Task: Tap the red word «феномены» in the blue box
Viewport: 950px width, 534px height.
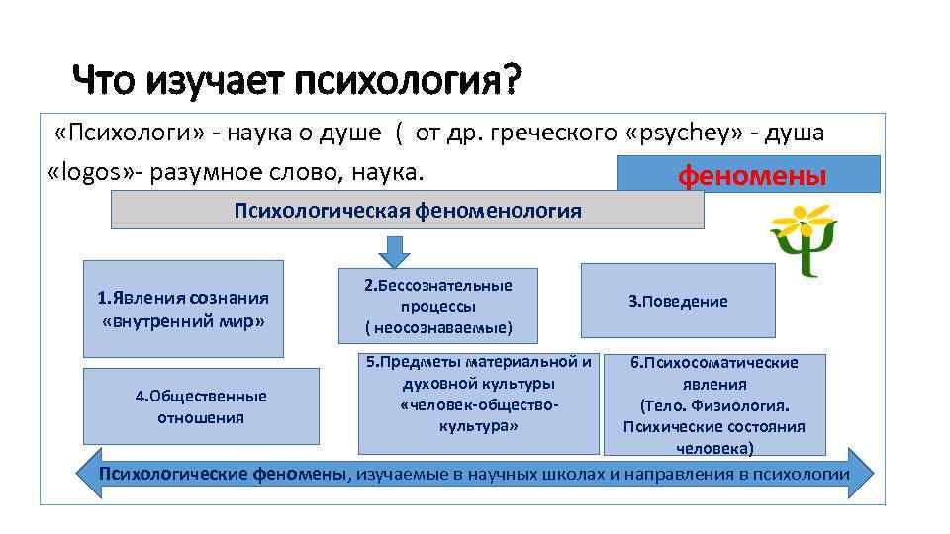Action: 751,176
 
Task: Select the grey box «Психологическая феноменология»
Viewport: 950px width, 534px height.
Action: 407,211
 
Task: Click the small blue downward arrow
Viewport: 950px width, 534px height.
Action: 395,251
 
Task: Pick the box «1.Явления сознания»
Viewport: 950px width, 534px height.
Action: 183,309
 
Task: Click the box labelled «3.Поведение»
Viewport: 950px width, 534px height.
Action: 678,301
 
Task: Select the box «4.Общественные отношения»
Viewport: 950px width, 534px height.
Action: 201,405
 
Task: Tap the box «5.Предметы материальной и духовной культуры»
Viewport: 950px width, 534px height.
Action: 479,401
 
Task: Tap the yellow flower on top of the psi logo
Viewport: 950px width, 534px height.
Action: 805,221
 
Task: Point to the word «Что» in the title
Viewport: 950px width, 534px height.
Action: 106,80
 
